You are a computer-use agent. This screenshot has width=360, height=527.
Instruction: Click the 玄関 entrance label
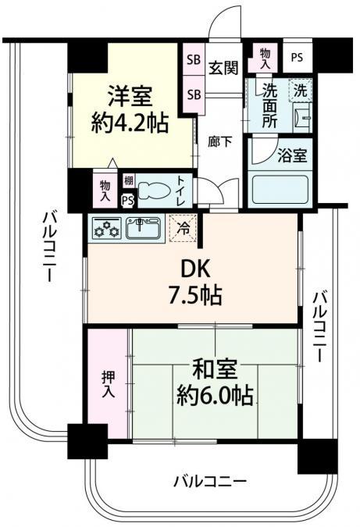[x=223, y=67]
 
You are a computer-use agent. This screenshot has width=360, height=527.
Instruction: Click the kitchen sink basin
[x=144, y=228]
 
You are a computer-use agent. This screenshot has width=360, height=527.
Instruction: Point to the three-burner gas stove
[x=105, y=228]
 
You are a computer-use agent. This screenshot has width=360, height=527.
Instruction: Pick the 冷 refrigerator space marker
[x=183, y=230]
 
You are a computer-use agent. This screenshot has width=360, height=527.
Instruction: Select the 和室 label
[x=209, y=368]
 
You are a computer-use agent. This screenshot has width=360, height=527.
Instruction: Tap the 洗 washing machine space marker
[x=299, y=90]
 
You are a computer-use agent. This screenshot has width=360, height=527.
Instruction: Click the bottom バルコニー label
[x=210, y=480]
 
